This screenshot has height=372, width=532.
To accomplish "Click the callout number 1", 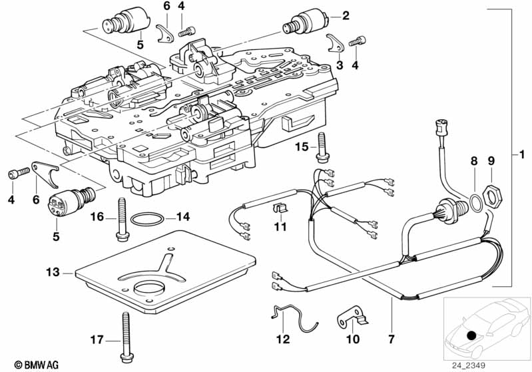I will pyautogui.click(x=523, y=155).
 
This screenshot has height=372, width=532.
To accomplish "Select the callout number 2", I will pyautogui.click(x=345, y=15).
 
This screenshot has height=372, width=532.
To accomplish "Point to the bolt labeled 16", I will pyautogui.click(x=125, y=218).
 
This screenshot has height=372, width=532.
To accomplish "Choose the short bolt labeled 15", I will pyautogui.click(x=323, y=148).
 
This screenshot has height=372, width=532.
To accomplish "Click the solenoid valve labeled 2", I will pyautogui.click(x=306, y=24).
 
